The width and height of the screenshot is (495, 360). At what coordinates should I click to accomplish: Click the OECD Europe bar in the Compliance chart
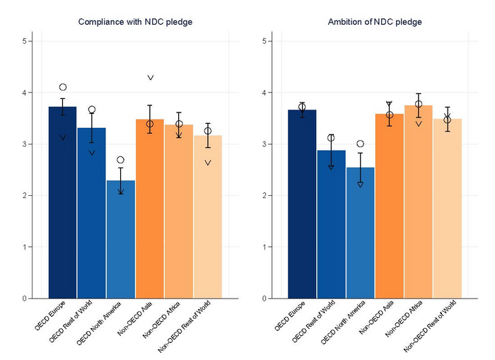tap(62, 205)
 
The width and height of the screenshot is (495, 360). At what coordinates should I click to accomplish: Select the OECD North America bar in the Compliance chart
tap(120, 240)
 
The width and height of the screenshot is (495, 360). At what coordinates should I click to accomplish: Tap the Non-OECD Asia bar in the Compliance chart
tap(150, 212)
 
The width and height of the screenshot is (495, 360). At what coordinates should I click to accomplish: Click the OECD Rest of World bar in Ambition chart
tap(331, 226)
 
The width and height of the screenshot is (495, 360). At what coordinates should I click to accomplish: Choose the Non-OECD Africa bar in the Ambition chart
tap(418, 205)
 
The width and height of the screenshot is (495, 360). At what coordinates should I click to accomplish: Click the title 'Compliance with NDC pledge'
tap(135, 22)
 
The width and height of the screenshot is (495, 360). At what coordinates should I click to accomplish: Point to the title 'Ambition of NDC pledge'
tap(375, 22)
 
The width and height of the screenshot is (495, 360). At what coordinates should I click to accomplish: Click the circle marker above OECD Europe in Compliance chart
tap(63, 87)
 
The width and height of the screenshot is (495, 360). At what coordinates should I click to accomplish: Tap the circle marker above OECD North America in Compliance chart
tap(120, 160)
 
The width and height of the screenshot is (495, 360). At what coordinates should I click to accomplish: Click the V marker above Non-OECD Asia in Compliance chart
tap(150, 77)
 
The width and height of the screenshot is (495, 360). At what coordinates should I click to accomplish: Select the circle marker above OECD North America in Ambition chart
tap(360, 144)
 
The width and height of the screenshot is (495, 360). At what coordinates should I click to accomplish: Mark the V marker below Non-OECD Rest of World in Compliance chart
tap(208, 163)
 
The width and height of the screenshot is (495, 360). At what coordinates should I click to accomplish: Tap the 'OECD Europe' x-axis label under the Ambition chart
tap(290, 316)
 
